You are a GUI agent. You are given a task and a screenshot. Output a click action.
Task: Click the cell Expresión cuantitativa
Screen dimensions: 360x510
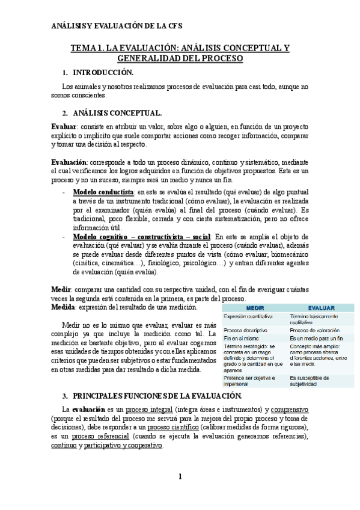pos(248,316)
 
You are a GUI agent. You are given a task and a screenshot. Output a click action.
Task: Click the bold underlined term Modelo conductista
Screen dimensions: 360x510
pos(103,192)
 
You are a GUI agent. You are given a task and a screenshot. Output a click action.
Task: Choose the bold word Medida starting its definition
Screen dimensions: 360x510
pos(64,307)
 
